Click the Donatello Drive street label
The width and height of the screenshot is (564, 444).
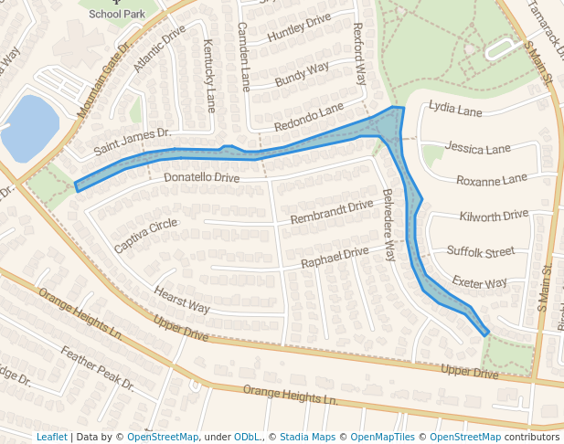(201, 176)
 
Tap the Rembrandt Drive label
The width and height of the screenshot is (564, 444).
(332, 213)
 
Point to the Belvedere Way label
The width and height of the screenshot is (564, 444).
(388, 225)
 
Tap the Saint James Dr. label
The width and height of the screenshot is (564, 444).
(133, 141)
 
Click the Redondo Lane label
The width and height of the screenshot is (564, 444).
(308, 118)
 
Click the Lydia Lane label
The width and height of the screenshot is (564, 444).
(455, 111)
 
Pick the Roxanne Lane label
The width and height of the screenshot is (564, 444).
(492, 179)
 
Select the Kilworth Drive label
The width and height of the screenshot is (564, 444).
(494, 216)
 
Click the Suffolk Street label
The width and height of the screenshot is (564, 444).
(481, 250)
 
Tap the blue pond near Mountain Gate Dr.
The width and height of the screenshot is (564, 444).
(30, 127)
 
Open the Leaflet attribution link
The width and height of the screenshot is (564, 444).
(51, 437)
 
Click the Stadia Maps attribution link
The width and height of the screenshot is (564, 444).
(306, 437)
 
